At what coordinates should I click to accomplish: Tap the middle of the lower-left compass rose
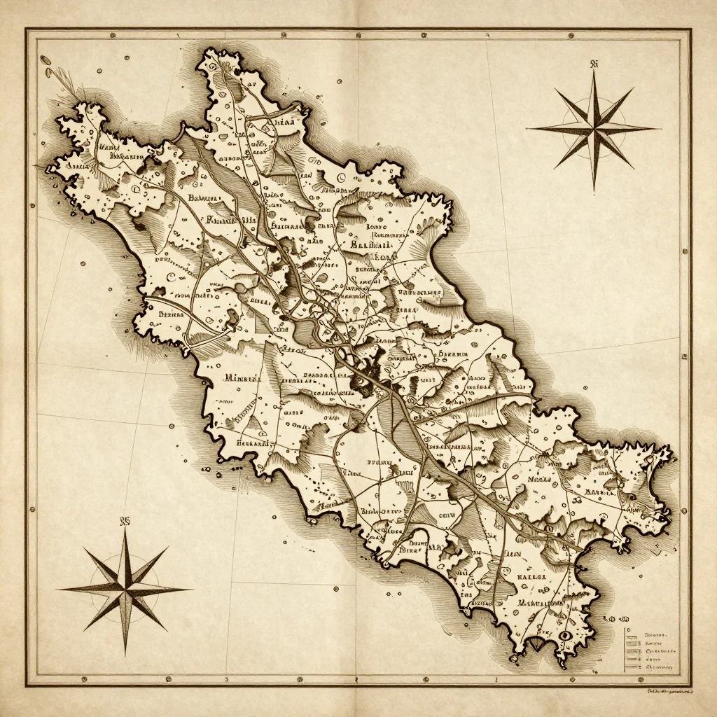coord(126,589)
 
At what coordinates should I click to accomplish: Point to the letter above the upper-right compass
coord(594,64)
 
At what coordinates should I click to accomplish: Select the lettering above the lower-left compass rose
coord(126,521)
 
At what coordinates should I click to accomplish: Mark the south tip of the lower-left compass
coord(126,653)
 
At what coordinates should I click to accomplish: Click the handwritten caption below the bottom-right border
coord(668,691)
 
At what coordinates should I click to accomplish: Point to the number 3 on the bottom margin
coord(226,679)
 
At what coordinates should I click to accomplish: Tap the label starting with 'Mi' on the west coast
coord(242,378)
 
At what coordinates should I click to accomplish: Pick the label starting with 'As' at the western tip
coord(77,167)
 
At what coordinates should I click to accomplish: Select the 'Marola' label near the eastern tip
coord(600,492)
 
